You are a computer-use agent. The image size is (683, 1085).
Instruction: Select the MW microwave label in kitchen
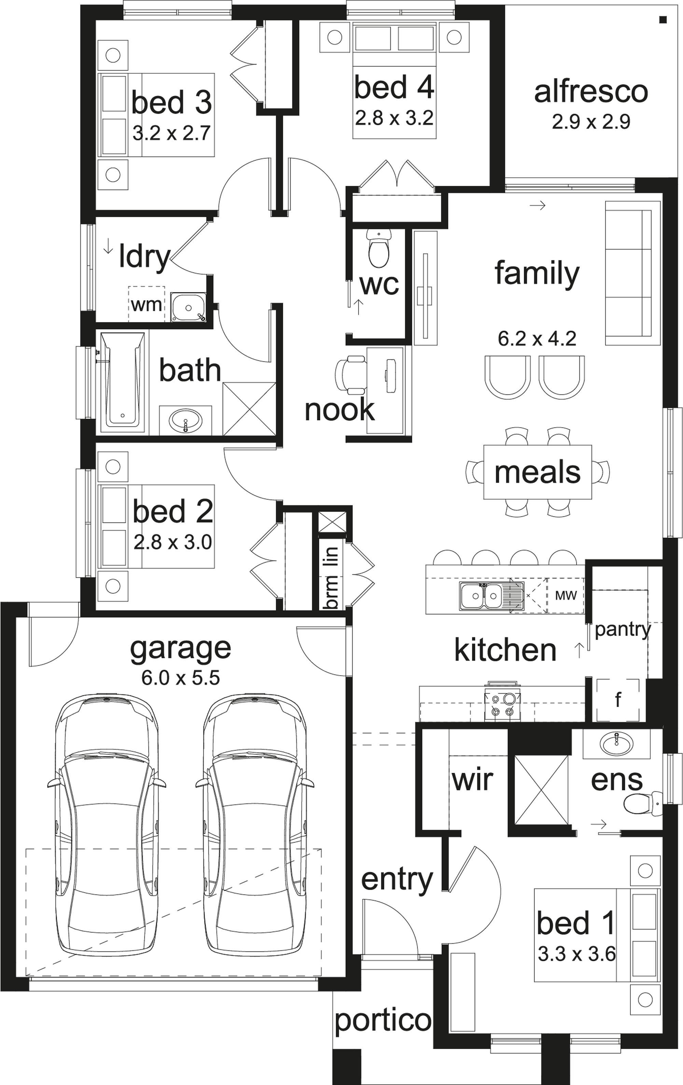(x=566, y=596)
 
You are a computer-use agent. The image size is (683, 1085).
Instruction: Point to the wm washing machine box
(x=147, y=305)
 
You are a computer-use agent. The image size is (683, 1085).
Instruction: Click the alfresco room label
(x=591, y=92)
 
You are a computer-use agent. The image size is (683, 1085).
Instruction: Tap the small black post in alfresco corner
(x=662, y=19)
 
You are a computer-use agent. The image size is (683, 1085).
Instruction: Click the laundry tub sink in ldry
(x=188, y=307)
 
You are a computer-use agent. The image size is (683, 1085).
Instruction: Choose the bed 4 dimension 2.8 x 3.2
(x=394, y=118)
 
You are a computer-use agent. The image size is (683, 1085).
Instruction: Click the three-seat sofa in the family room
(x=628, y=273)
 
